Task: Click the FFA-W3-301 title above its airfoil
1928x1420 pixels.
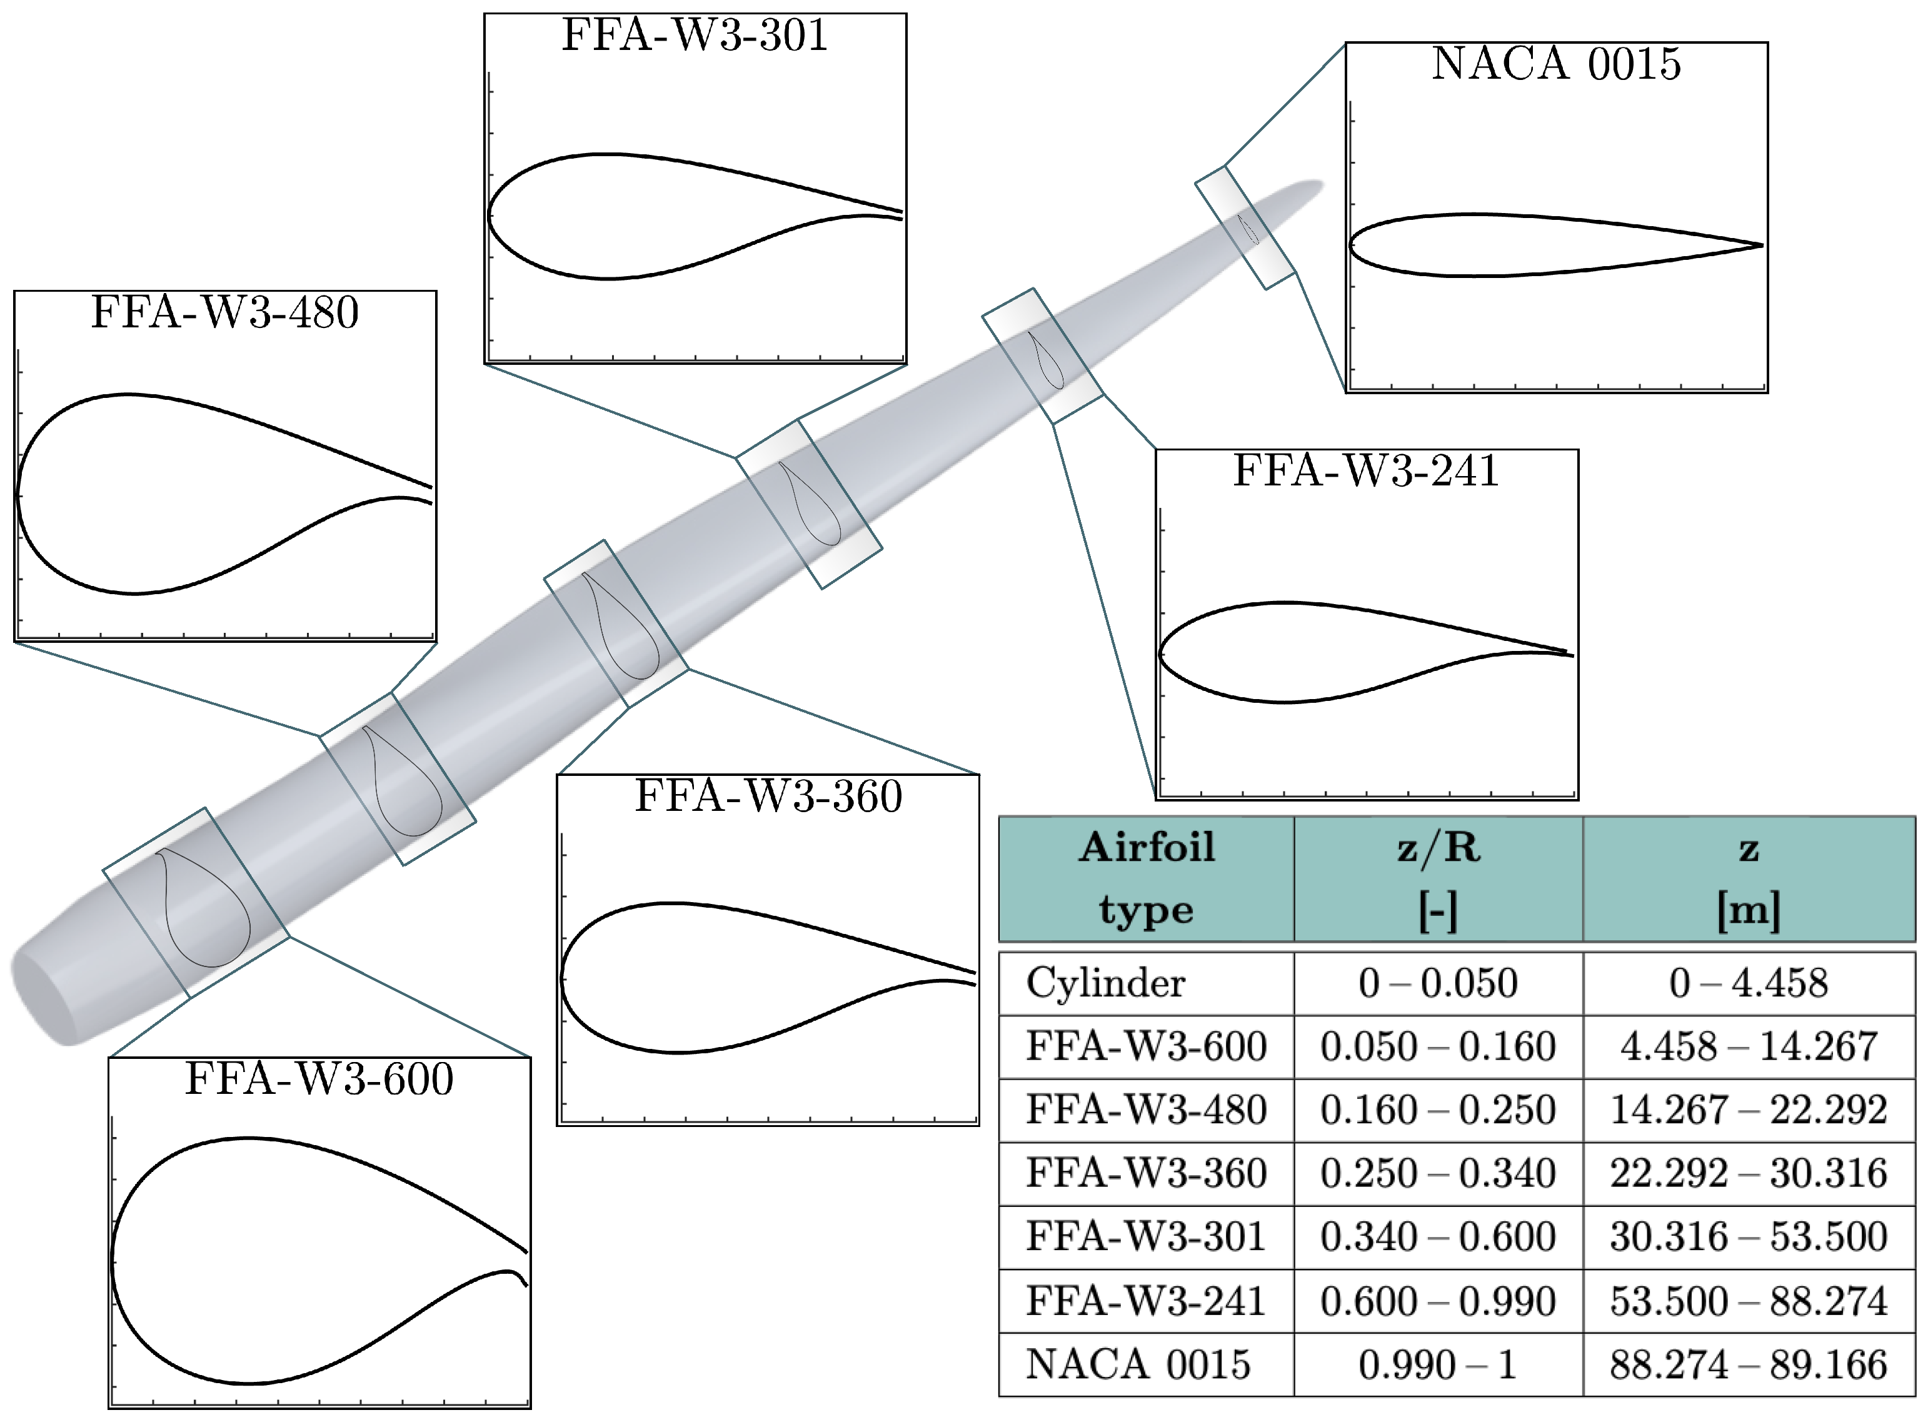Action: coord(695,36)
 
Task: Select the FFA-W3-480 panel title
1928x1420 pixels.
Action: coord(224,313)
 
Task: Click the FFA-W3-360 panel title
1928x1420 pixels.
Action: coord(768,797)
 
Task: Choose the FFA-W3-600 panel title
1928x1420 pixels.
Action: coord(319,1080)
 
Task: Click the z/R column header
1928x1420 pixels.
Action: coord(1438,878)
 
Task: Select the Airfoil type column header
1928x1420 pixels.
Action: coord(1147,878)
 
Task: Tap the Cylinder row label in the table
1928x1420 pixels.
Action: coord(1106,983)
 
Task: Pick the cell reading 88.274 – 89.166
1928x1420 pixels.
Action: coord(1749,1365)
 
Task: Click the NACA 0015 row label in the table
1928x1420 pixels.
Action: coord(1138,1365)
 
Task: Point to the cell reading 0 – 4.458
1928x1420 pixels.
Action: coord(1749,983)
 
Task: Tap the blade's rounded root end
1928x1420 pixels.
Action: coord(43,997)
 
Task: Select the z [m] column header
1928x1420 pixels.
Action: coord(1749,878)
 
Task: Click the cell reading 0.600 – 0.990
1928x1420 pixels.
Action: coord(1438,1301)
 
